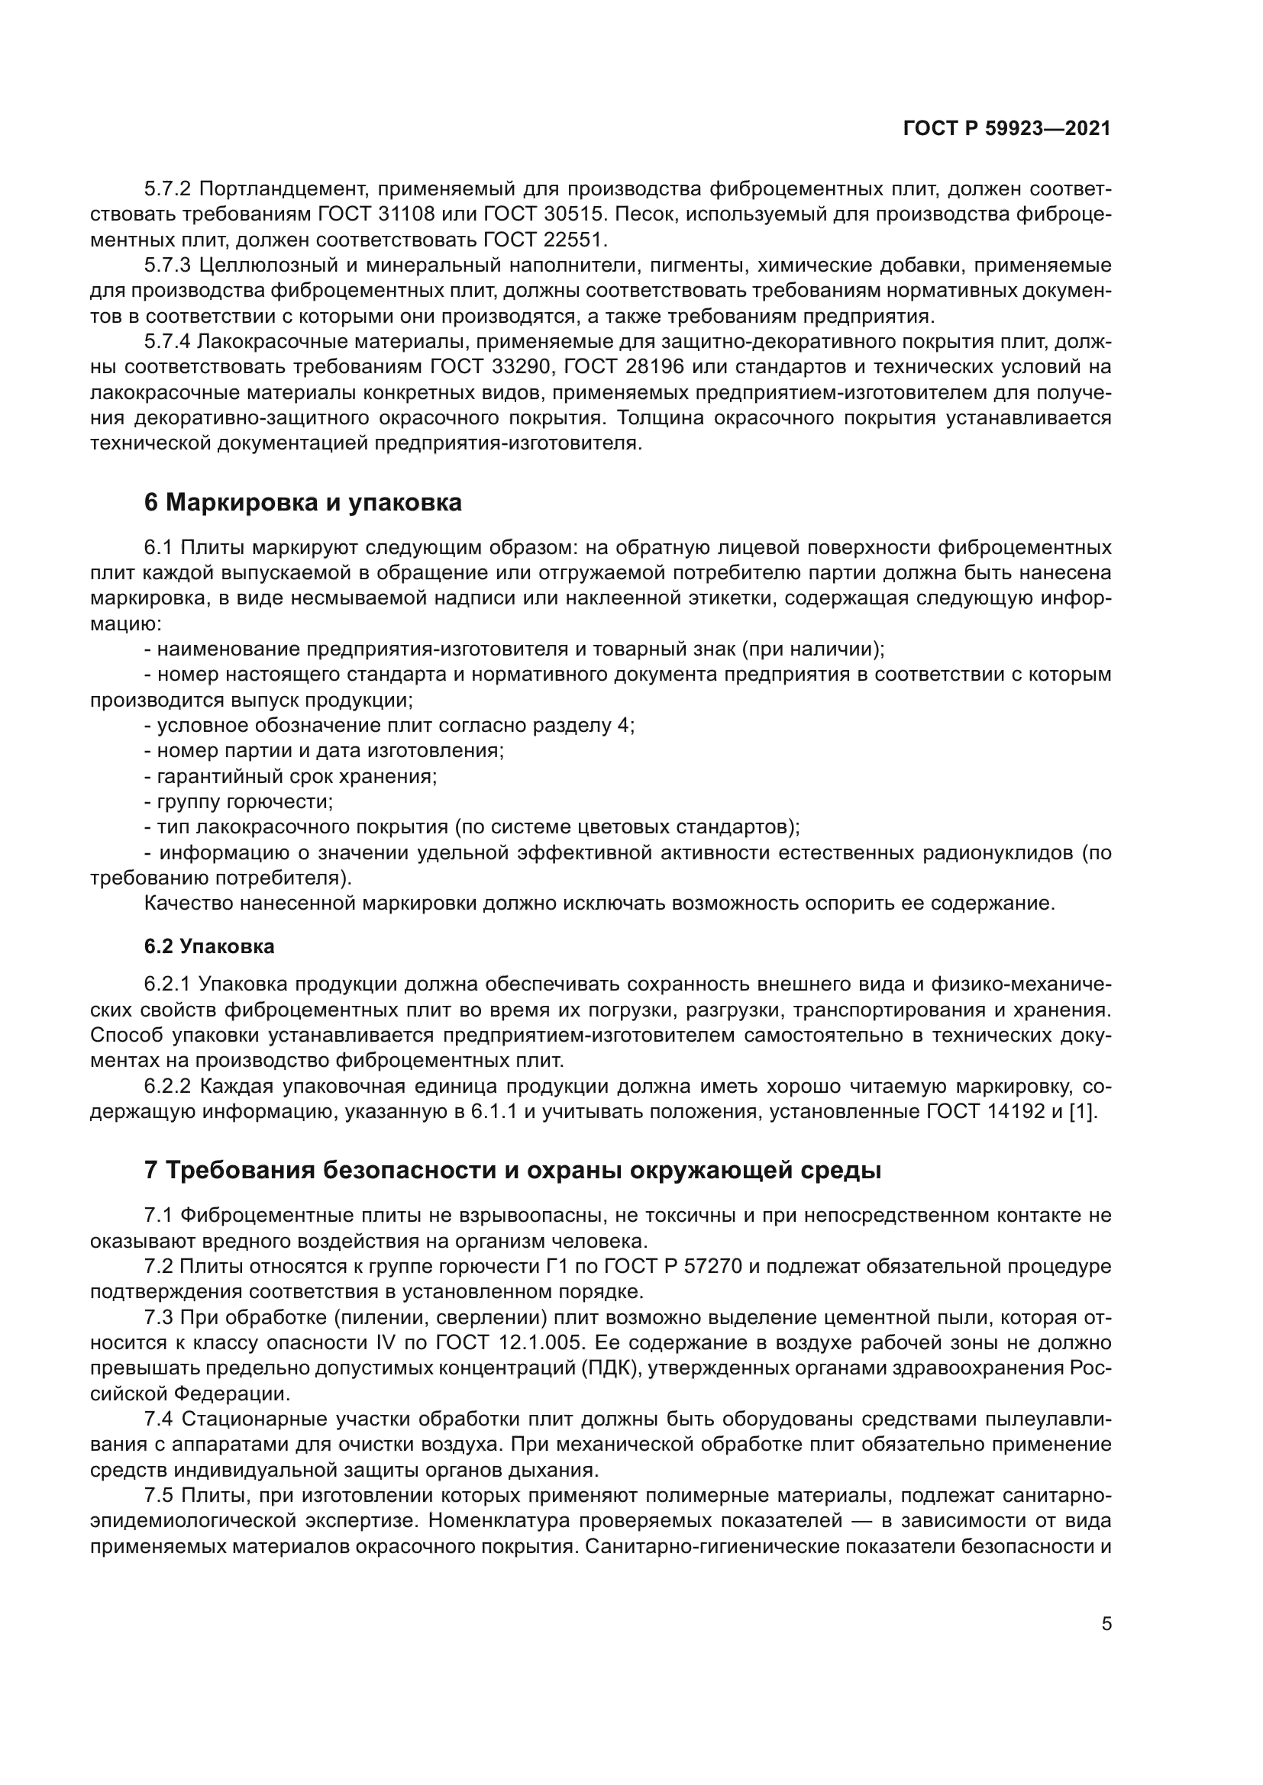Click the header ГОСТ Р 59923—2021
tap(1006, 128)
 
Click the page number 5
tap(1106, 1623)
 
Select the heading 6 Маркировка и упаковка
tap(302, 502)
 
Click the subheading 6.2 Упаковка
tap(209, 946)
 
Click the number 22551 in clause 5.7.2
tap(573, 239)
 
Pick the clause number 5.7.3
tap(167, 264)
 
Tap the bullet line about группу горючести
tap(240, 801)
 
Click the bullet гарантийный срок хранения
tap(291, 776)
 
